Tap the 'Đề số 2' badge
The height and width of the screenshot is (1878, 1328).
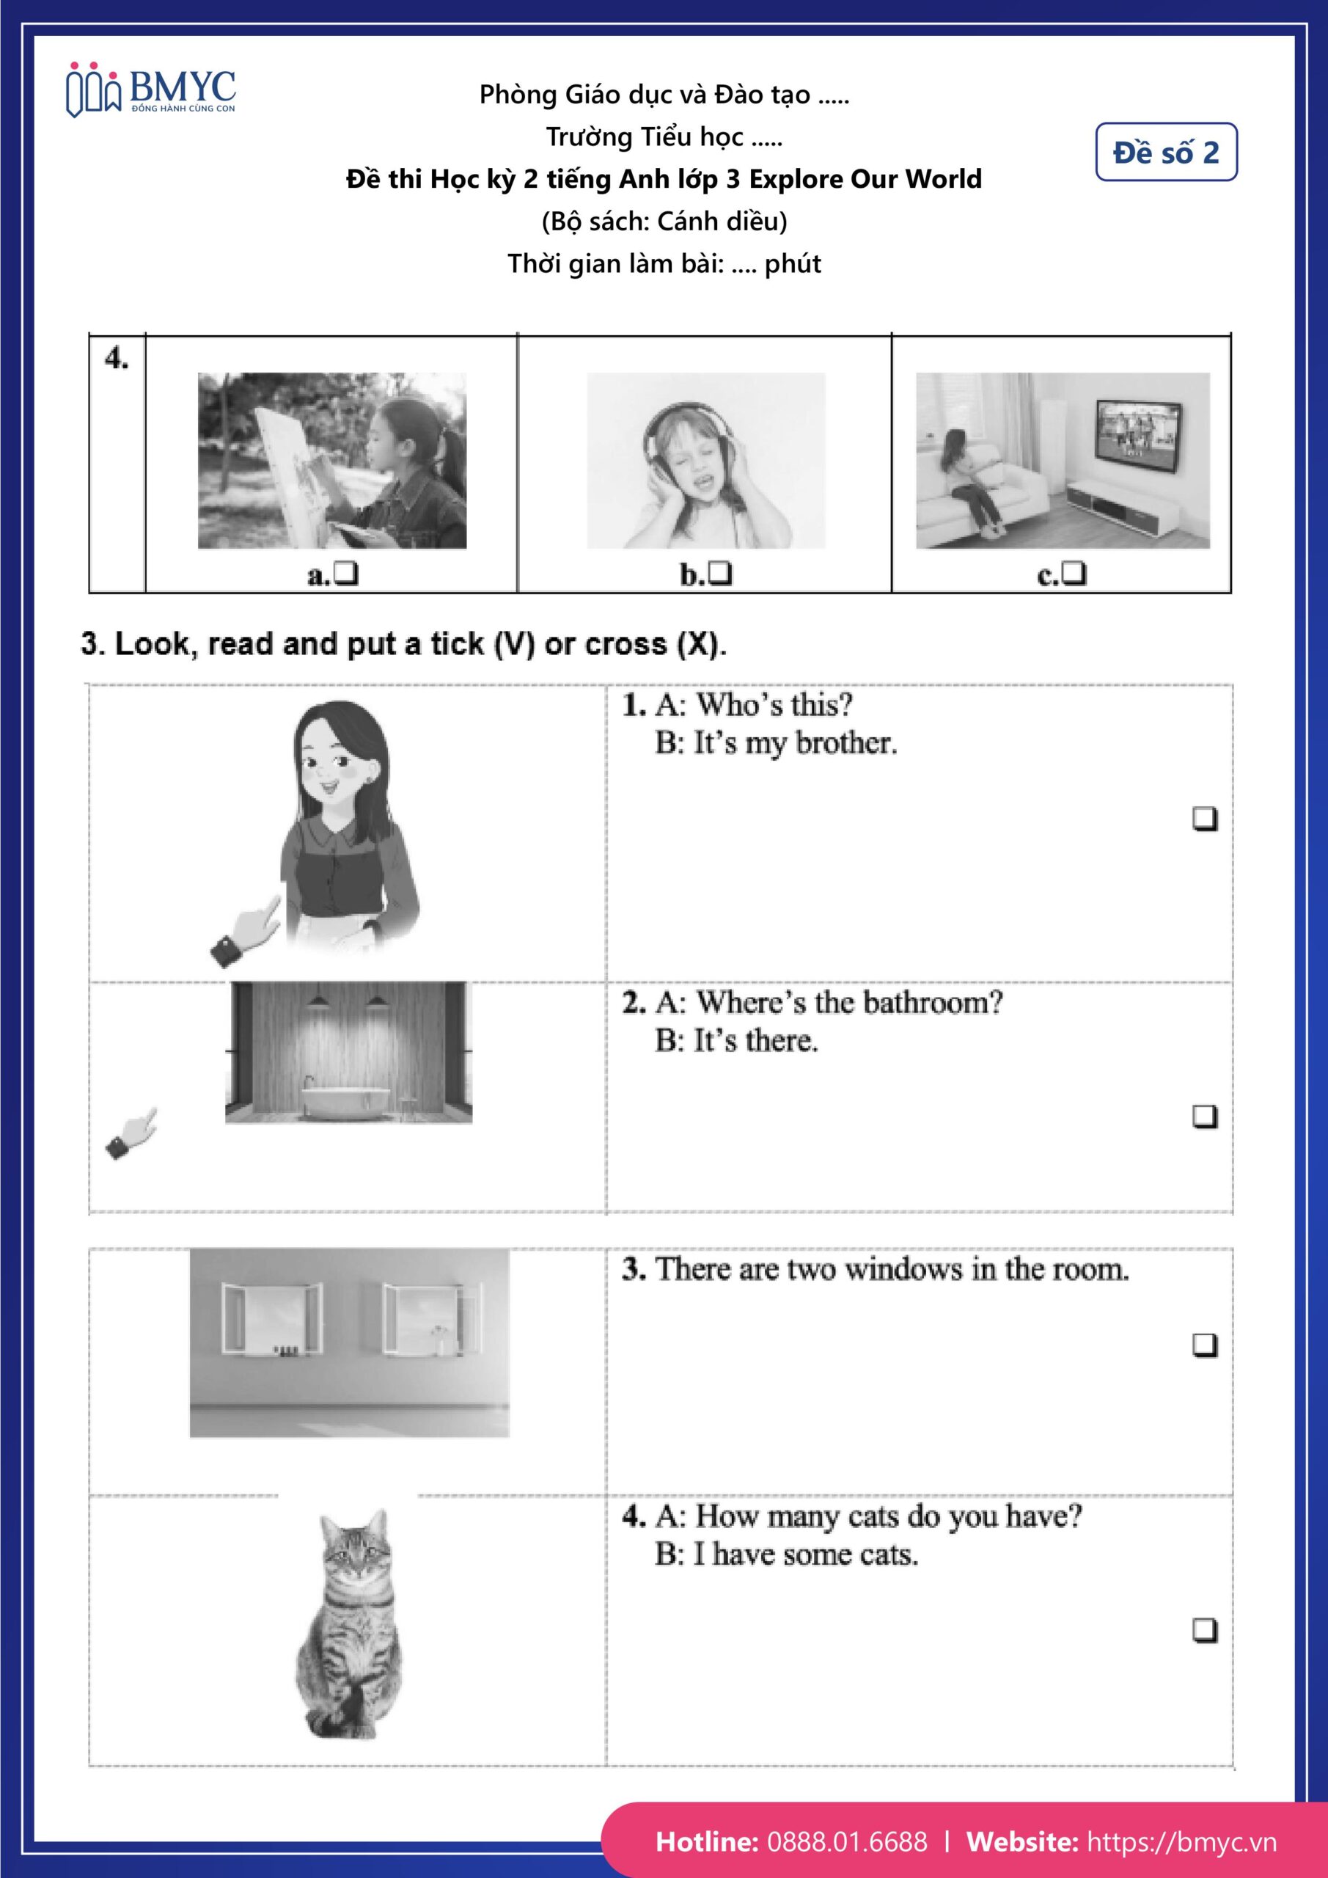pos(1165,152)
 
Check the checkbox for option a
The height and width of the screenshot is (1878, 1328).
pos(347,574)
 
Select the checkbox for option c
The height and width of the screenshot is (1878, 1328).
pos(1074,574)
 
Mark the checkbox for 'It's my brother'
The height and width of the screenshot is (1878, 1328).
pos(1203,818)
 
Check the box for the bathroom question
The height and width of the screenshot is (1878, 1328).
pos(1203,1116)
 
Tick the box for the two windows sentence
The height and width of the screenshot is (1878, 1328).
pos(1203,1345)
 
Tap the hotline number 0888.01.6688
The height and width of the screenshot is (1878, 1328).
pos(847,1841)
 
